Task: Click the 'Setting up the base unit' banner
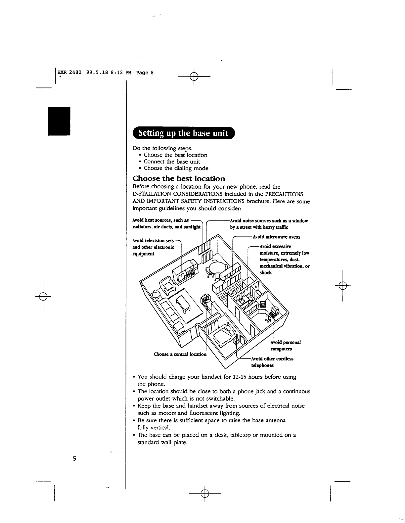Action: [183, 133]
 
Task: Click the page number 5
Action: [74, 459]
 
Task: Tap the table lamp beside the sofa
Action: [156, 294]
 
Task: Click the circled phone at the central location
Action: [205, 298]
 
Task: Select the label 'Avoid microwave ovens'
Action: [276, 237]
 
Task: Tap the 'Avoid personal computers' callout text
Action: [285, 346]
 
